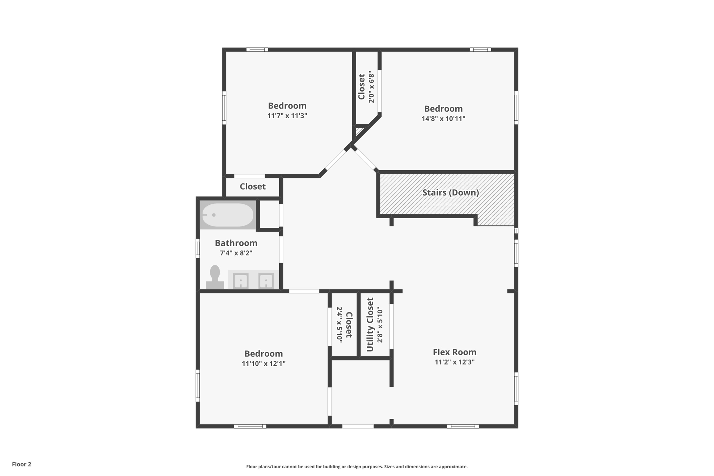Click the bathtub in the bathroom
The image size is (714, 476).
[228, 215]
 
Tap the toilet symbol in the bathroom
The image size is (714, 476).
[215, 277]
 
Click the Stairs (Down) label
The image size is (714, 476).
[450, 192]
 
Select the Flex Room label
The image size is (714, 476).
[454, 352]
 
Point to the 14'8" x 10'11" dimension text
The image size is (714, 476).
[443, 119]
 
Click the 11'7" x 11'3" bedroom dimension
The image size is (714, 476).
[287, 116]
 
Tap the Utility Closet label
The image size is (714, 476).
[370, 325]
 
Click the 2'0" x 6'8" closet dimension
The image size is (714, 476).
[371, 87]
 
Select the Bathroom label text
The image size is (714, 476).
[236, 243]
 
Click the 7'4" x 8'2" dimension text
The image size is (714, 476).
[236, 253]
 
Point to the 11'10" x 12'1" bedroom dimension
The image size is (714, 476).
[264, 364]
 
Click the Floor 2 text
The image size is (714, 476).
[22, 464]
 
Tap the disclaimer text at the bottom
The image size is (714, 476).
[357, 467]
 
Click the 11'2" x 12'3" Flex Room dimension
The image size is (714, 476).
[454, 362]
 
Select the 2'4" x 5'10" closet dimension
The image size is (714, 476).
[339, 325]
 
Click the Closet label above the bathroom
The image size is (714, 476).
[252, 187]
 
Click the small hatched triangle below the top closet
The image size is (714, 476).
[359, 131]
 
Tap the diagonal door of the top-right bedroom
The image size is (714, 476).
[366, 160]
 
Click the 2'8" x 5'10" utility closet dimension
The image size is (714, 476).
[380, 325]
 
